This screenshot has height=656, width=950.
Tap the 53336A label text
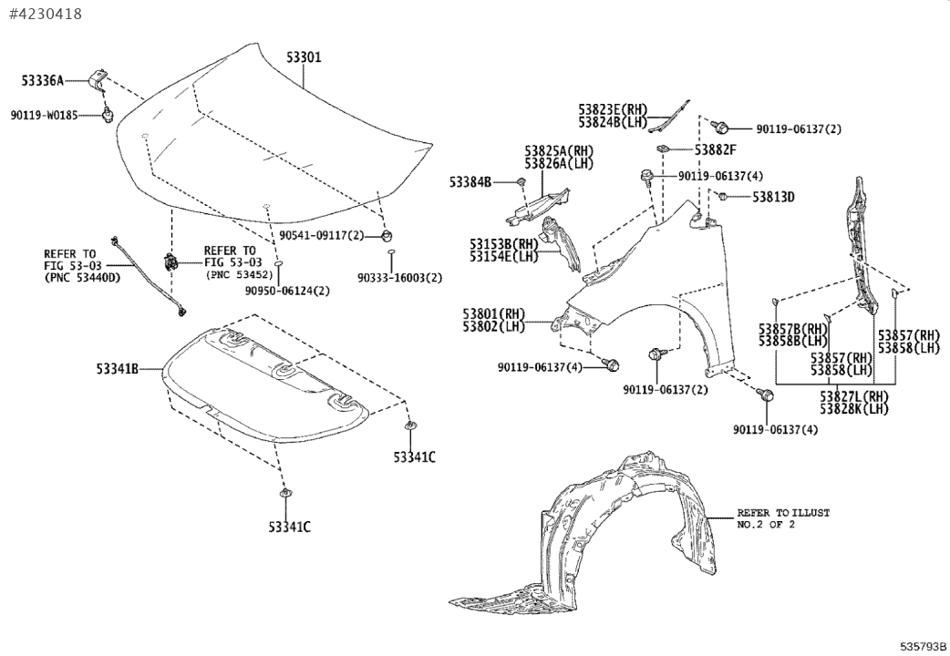click(43, 81)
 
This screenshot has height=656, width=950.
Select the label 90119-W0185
click(45, 116)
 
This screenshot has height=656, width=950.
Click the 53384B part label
click(470, 182)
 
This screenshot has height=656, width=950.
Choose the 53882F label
click(715, 149)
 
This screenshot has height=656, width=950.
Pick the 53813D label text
click(773, 197)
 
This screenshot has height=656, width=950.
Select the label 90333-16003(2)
click(400, 278)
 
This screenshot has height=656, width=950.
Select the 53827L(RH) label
click(853, 395)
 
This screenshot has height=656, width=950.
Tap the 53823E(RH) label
click(612, 108)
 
